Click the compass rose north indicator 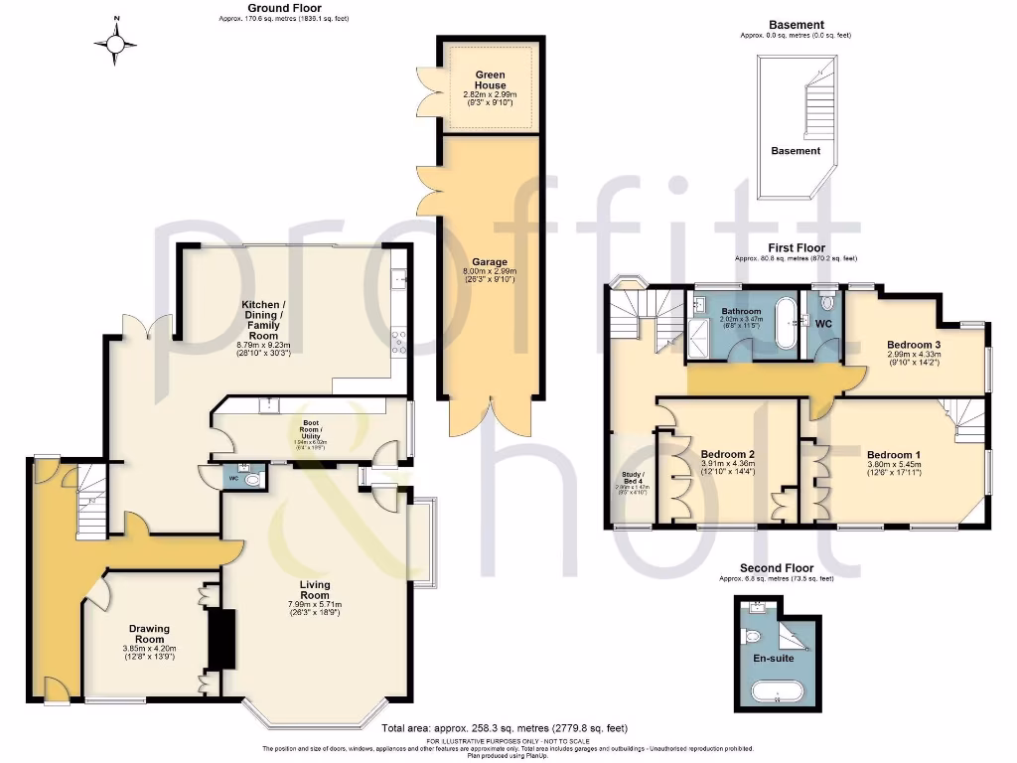pyautogui.click(x=117, y=41)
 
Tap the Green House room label pyautogui.click(x=491, y=80)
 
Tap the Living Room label pyautogui.click(x=315, y=590)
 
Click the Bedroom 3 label pyautogui.click(x=914, y=346)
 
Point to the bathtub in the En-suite pyautogui.click(x=777, y=691)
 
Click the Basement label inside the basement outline pyautogui.click(x=797, y=151)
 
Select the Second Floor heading pyautogui.click(x=777, y=568)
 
